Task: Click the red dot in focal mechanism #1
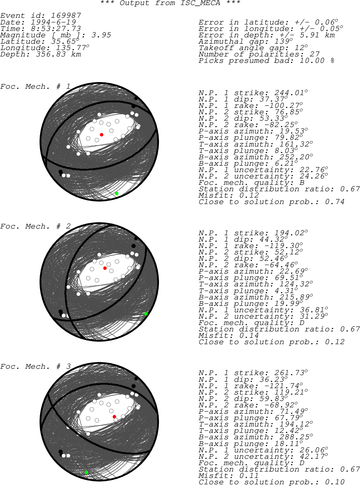pos(102,135)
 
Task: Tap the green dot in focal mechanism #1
pos(117,194)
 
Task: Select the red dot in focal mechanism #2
pos(105,268)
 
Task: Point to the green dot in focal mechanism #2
pos(146,314)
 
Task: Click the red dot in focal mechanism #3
pos(114,416)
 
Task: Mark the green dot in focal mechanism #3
pos(86,473)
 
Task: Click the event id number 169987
pos(66,15)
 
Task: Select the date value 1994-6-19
pos(53,22)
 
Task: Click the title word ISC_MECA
pos(200,3)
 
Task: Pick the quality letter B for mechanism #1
pos(302,183)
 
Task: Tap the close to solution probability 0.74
pos(334,202)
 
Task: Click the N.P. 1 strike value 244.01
pos(289,93)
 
